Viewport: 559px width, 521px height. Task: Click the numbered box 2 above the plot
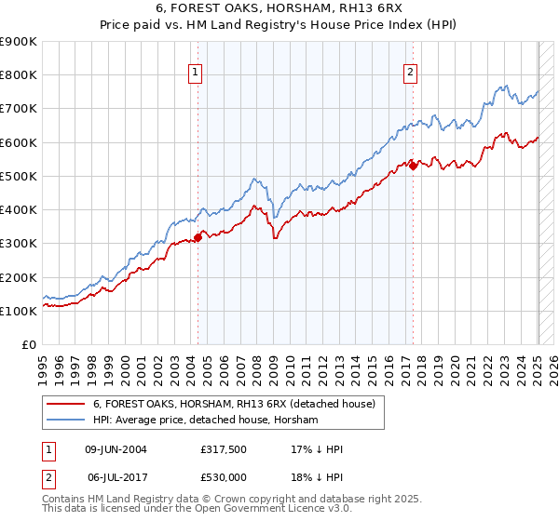411,73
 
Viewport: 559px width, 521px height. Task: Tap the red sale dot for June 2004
198,238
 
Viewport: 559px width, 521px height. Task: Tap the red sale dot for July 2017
413,167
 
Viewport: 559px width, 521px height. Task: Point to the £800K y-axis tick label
18,75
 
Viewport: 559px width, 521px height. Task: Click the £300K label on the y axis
18,244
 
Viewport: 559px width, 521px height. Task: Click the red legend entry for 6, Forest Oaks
233,404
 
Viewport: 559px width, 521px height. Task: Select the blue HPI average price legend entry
205,421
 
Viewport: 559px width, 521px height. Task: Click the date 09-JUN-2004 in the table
116,448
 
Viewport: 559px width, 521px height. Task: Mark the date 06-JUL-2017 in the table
116,476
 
